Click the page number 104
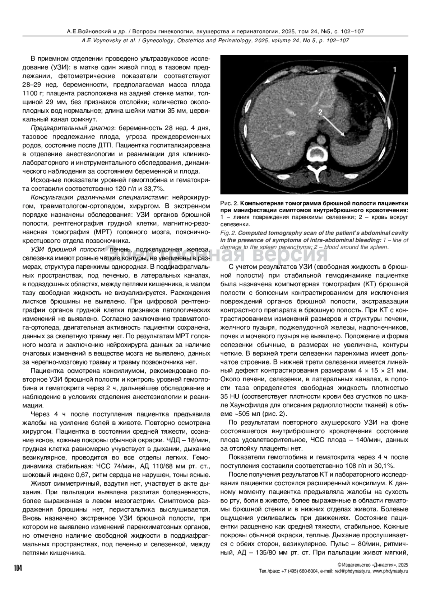point(18,568)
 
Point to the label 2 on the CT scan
point(320,112)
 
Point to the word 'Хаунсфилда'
point(245,405)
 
